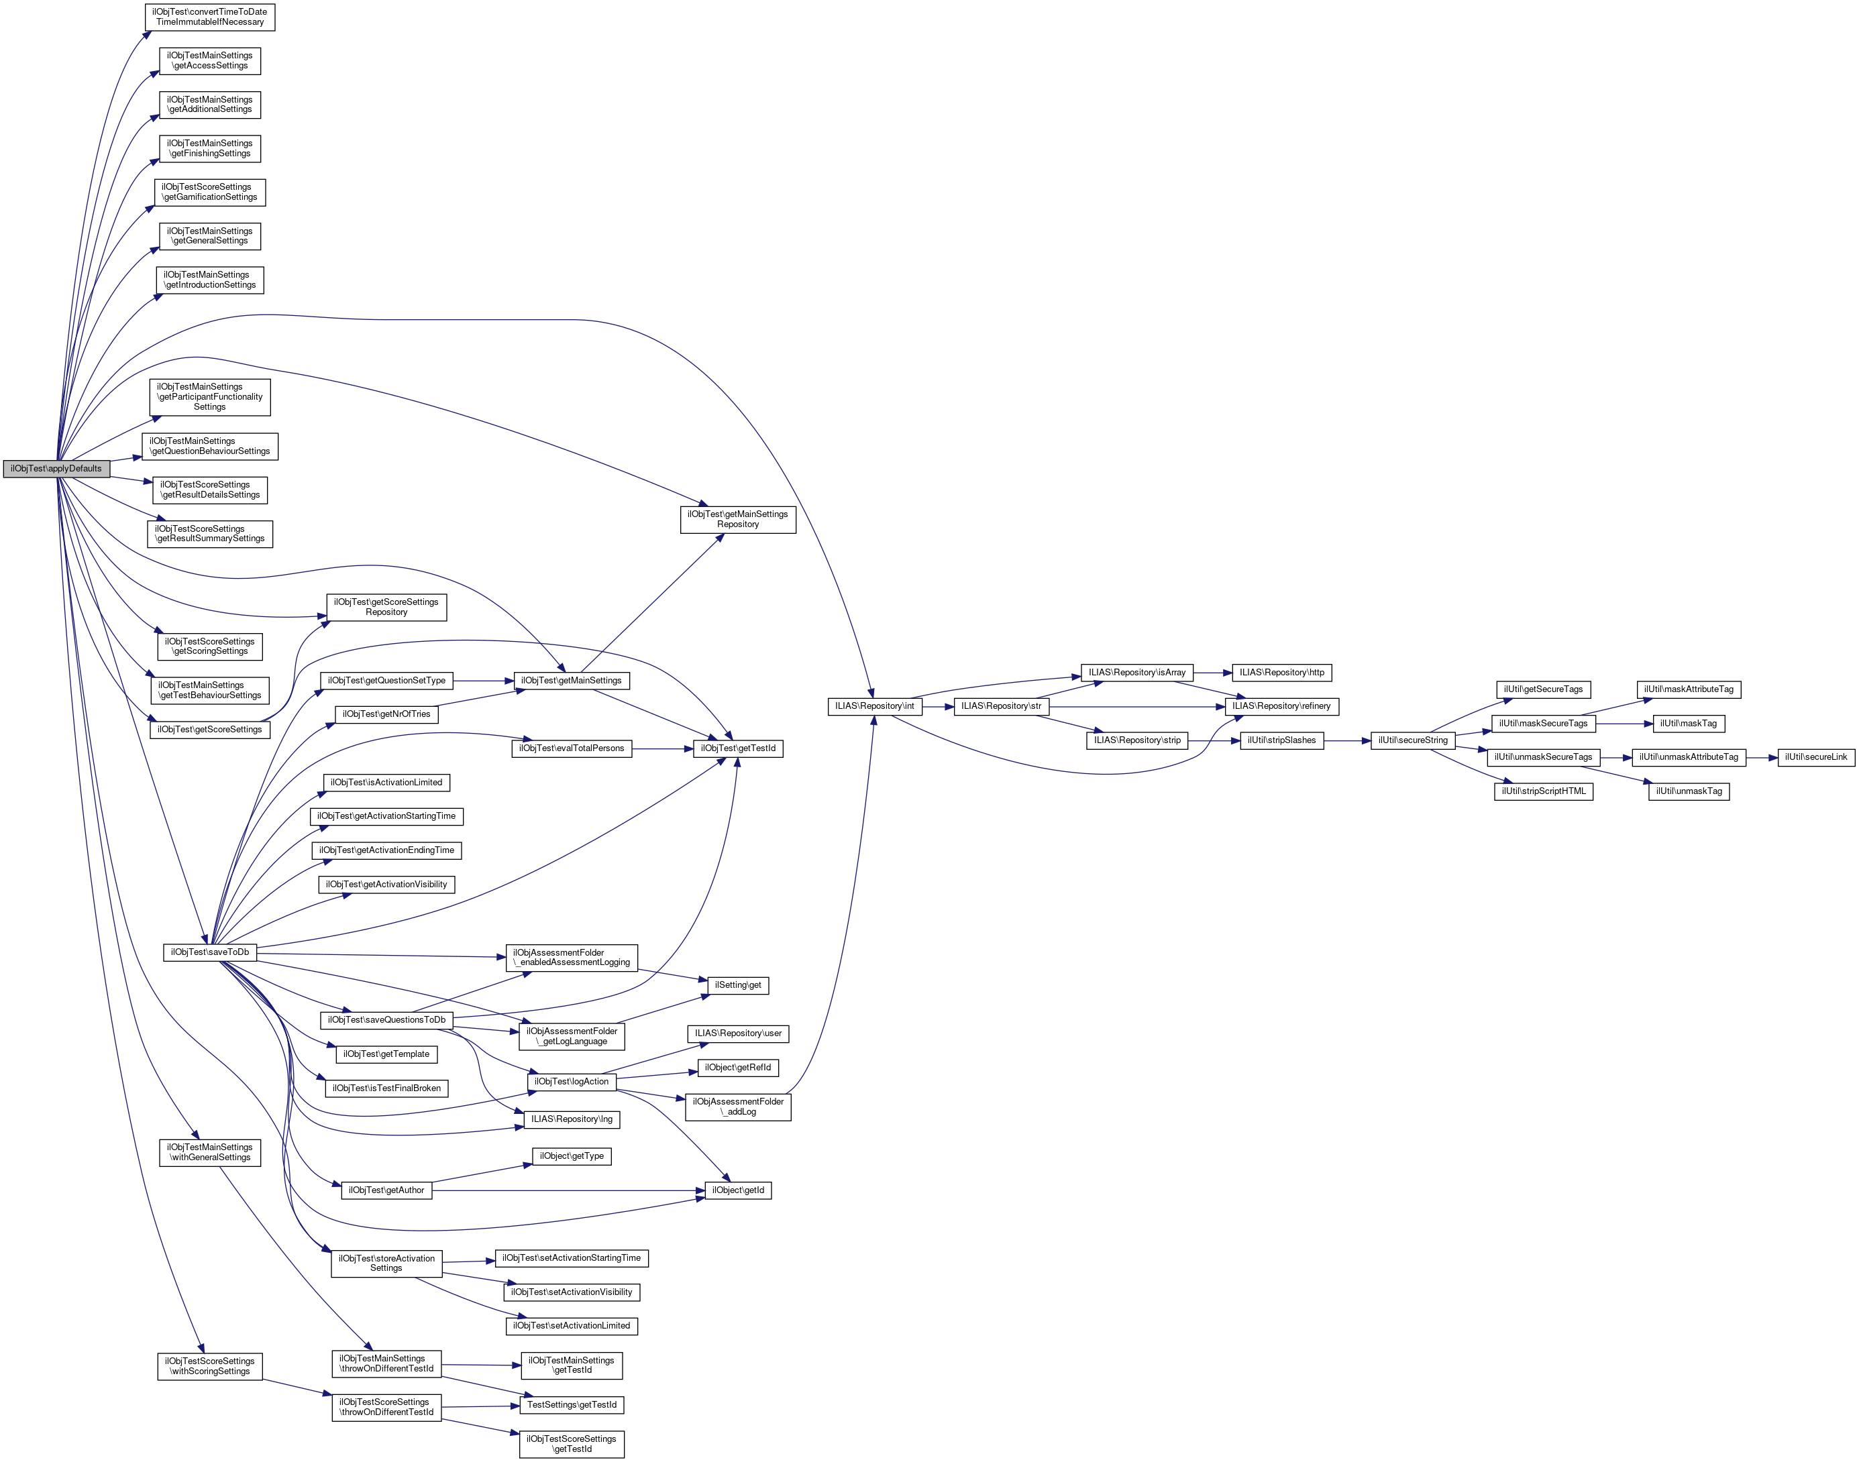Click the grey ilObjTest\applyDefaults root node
coord(56,468)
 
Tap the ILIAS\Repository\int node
coord(874,706)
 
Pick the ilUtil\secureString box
coord(1412,740)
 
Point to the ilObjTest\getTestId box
coord(737,748)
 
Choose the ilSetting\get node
coord(737,985)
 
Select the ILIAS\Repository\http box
coord(1281,673)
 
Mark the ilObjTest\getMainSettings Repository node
coord(737,520)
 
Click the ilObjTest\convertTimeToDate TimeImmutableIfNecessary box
coord(211,17)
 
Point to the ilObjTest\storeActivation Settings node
coord(386,1263)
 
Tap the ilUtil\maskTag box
coord(1688,724)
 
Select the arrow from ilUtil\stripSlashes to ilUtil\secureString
coord(1347,740)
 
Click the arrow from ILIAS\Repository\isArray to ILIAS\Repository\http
coord(1212,673)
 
